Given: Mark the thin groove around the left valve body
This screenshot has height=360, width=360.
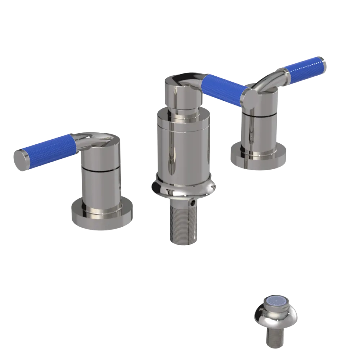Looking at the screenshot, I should [x=101, y=169].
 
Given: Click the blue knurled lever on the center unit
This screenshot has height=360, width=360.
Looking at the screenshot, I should [x=223, y=90].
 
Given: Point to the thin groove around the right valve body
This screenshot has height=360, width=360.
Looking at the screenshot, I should [x=260, y=114].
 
